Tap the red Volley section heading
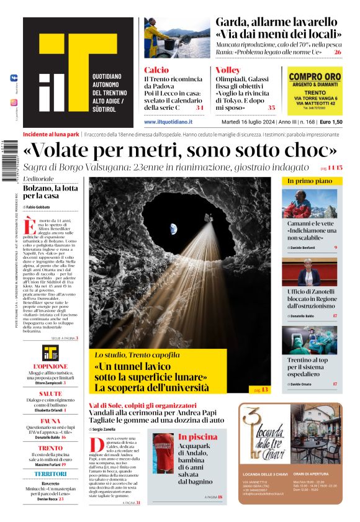click(x=228, y=70)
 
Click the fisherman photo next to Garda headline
click(x=168, y=38)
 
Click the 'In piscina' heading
click(x=199, y=437)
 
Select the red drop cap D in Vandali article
click(x=96, y=444)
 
